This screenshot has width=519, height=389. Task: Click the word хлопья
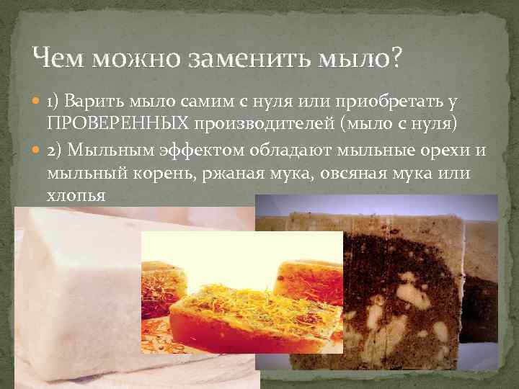tap(76, 193)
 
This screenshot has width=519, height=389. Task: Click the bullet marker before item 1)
tap(38, 106)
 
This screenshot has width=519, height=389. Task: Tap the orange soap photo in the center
tap(241, 303)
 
